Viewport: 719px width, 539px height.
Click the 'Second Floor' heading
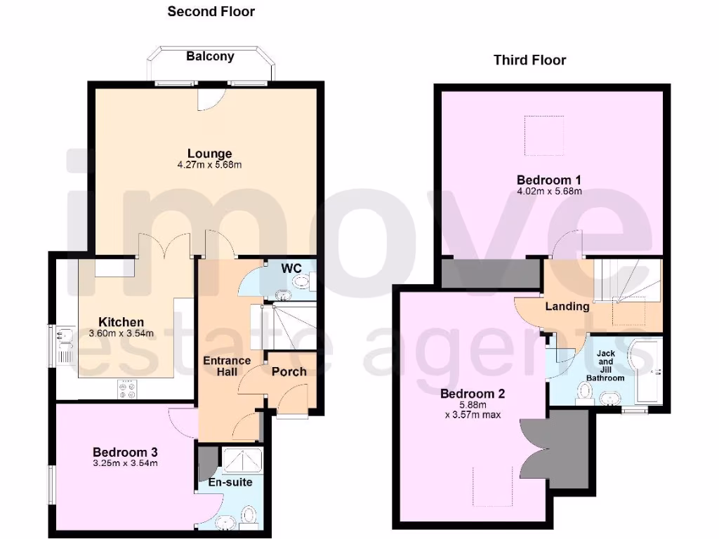point(211,11)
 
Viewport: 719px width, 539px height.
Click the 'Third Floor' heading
point(529,60)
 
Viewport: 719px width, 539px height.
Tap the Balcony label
point(210,56)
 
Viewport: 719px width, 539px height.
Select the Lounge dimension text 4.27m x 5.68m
point(209,165)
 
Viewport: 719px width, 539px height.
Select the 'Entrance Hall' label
point(226,366)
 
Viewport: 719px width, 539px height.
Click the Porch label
point(289,371)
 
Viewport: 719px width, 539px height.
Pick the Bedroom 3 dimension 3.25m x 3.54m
point(125,463)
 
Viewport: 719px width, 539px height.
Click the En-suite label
point(230,482)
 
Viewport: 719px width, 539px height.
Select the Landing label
point(567,306)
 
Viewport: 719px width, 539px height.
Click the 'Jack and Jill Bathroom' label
point(605,365)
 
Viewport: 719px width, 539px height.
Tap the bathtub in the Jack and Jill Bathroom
point(645,372)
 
